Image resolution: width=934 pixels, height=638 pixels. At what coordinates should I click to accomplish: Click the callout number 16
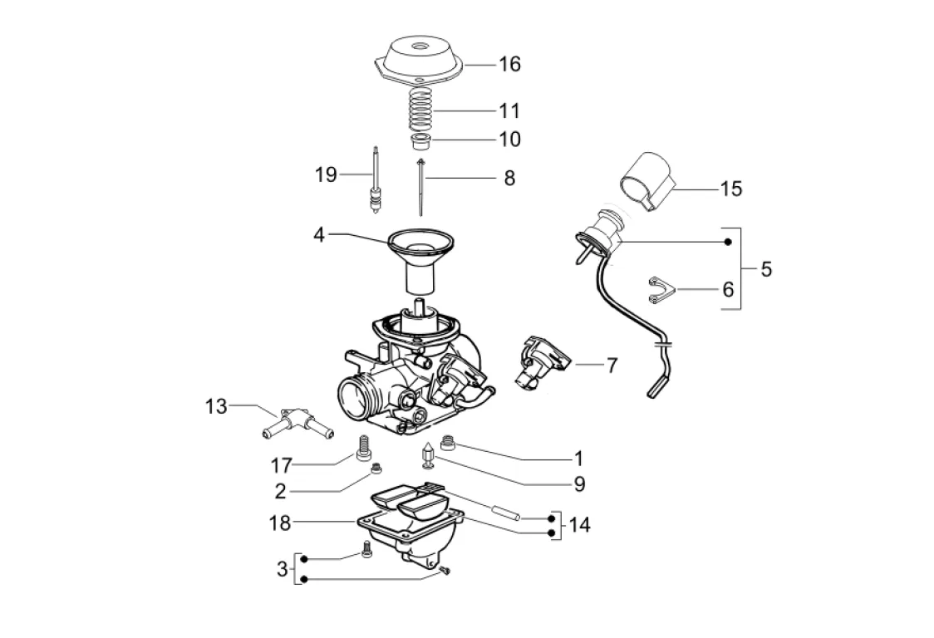pyautogui.click(x=509, y=64)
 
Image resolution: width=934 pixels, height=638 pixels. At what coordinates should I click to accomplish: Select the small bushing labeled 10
pyautogui.click(x=420, y=143)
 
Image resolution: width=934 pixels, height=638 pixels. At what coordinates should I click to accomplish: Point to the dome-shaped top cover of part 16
pyautogui.click(x=420, y=60)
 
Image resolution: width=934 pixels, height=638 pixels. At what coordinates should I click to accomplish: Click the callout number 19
pyautogui.click(x=326, y=174)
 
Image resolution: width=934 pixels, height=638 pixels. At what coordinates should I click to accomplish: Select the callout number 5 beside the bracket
pyautogui.click(x=766, y=268)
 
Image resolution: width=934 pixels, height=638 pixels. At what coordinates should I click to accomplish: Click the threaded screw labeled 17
pyautogui.click(x=363, y=448)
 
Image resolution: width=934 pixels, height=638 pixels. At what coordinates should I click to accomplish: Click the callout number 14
pyautogui.click(x=579, y=525)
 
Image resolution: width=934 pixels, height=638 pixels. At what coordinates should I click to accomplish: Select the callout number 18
pyautogui.click(x=279, y=523)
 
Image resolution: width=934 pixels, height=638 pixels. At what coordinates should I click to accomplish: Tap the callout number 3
pyautogui.click(x=282, y=568)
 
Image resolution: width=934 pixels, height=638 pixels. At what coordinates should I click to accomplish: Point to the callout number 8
pyautogui.click(x=509, y=178)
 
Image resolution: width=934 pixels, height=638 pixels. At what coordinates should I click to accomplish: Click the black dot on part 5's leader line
pyautogui.click(x=727, y=242)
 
